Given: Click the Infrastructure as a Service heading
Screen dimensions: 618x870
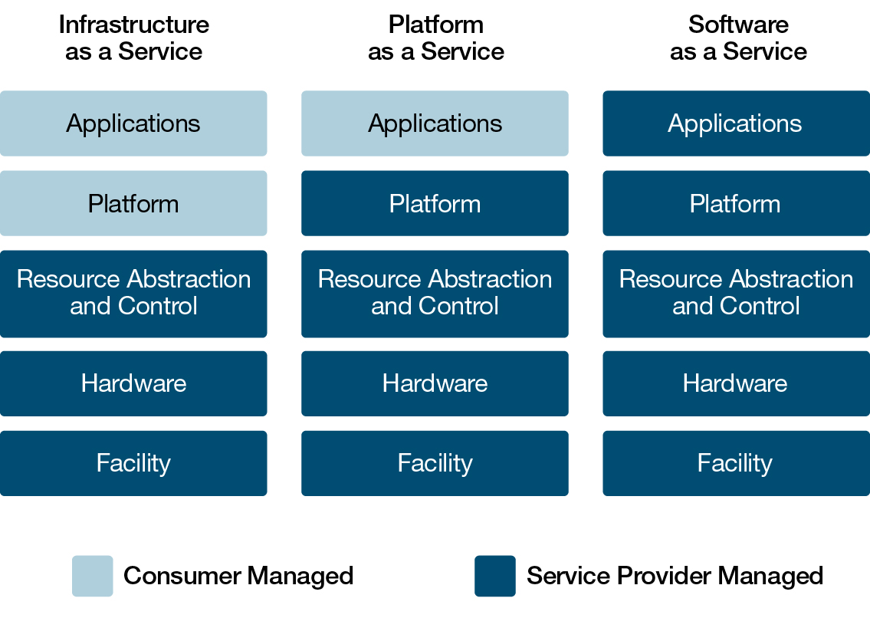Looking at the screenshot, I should click(133, 38).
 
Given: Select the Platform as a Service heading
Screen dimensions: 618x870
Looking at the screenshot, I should click(435, 38).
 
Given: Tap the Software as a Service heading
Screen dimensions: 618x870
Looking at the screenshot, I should click(737, 38).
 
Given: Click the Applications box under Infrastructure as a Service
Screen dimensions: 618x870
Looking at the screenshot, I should click(133, 123).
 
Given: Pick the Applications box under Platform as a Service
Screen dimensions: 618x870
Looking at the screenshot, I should click(435, 123).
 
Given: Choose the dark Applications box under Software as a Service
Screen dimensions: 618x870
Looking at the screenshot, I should click(736, 123).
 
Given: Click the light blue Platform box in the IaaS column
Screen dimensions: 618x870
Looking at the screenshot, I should click(133, 203).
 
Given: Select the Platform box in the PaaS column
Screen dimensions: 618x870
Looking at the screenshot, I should click(435, 203).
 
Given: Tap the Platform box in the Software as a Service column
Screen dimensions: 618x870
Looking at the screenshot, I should click(736, 203).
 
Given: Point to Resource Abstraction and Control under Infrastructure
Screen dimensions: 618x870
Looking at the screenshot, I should click(133, 294).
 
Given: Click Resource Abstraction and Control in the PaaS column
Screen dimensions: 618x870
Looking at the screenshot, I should click(435, 294).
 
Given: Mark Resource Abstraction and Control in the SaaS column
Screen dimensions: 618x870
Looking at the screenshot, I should click(736, 294).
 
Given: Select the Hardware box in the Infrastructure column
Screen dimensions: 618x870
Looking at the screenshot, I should click(133, 383).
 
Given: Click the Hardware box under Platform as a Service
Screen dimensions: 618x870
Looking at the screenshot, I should click(435, 383).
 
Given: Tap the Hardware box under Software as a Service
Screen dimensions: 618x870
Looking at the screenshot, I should click(736, 383).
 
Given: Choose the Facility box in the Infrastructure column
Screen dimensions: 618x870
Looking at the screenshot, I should click(133, 463).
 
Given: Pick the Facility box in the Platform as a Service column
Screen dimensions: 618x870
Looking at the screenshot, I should click(435, 463).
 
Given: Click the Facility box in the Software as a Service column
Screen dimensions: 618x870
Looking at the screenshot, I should click(736, 463).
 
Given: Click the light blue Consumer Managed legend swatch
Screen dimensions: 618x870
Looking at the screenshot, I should click(93, 576).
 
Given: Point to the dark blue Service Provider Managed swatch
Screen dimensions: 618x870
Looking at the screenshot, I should click(495, 576).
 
